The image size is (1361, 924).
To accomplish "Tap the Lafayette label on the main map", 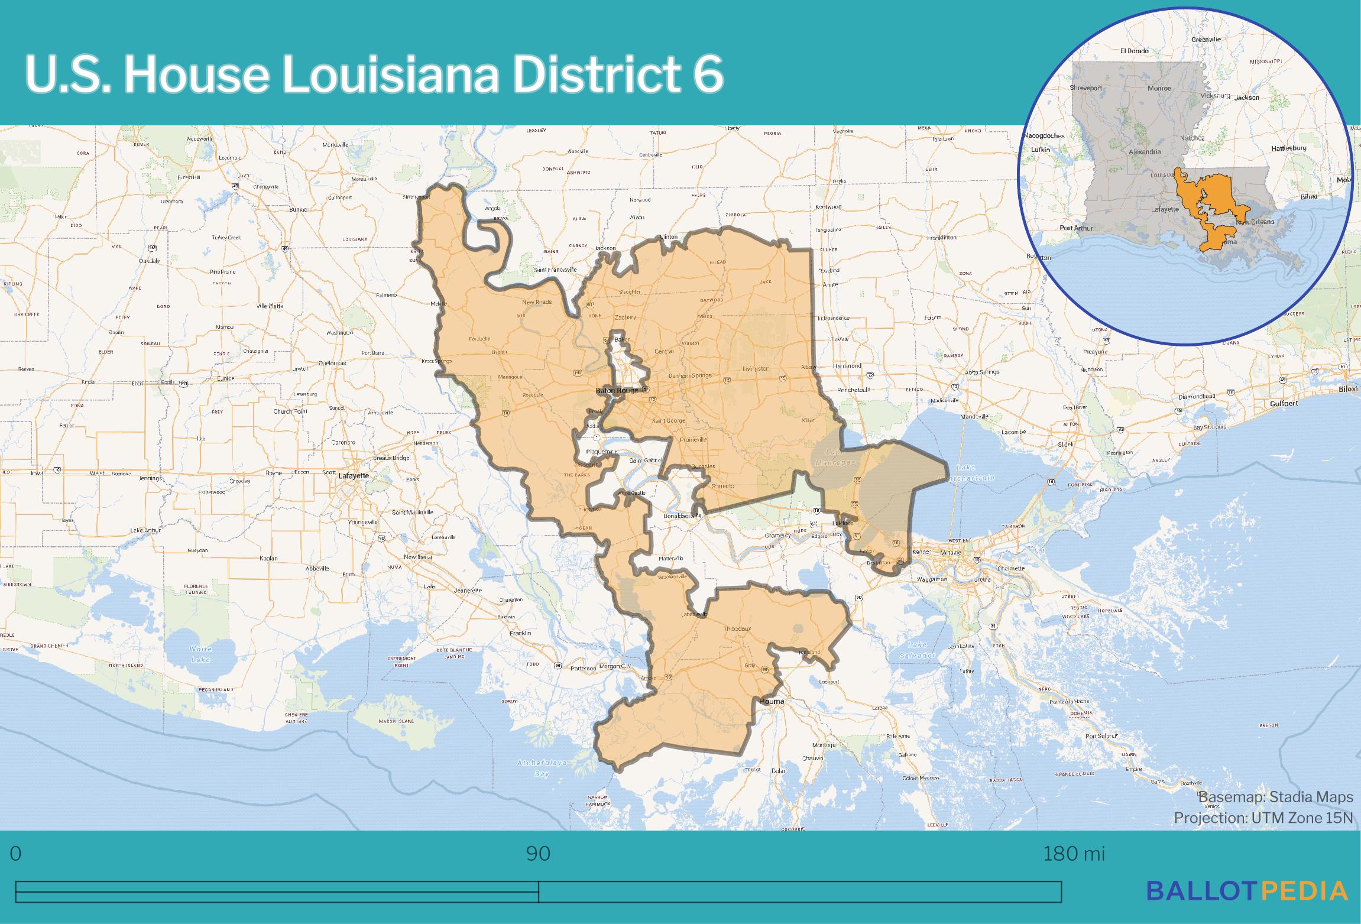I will (354, 475).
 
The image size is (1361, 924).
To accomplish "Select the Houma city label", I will (772, 701).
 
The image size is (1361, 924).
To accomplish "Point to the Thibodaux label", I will (737, 628).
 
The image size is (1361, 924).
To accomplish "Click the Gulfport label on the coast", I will (1284, 403).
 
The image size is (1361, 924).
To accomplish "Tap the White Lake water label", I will (200, 654).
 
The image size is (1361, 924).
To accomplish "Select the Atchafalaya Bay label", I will (542, 768).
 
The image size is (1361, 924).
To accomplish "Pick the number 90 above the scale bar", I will (538, 854).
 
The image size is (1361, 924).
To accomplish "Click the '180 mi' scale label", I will (1073, 854).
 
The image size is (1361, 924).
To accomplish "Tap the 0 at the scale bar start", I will (16, 854).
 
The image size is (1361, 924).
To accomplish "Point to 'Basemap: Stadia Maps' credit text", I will (1276, 797).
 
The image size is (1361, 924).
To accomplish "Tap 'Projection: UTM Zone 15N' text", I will (1263, 818).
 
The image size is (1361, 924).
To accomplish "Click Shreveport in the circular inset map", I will (1086, 88).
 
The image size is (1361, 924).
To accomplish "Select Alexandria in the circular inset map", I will (1145, 152).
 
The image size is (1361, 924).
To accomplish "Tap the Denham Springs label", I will (690, 375).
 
